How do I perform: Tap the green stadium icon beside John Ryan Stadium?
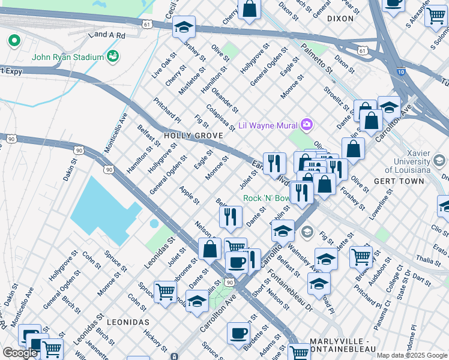[112, 57]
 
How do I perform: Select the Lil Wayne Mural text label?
[268, 125]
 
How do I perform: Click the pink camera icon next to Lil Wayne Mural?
[307, 125]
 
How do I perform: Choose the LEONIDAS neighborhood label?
[127, 322]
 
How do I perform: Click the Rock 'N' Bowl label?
[266, 199]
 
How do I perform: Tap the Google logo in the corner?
[20, 353]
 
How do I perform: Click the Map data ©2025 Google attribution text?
[412, 355]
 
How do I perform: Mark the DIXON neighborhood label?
[340, 19]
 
